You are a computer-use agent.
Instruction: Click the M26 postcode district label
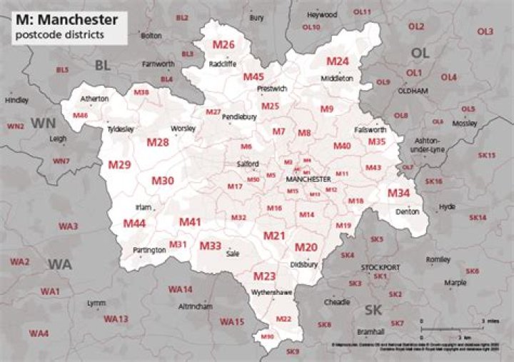(223, 45)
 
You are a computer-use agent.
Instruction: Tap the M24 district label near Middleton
(337, 61)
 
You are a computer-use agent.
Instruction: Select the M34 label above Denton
(398, 193)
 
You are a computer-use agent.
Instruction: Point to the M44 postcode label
(134, 223)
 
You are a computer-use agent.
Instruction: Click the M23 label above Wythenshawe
(265, 276)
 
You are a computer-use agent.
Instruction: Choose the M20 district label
(306, 247)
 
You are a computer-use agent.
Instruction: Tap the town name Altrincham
(197, 306)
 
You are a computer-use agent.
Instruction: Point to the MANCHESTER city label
(308, 179)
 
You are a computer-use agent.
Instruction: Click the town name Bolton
(151, 34)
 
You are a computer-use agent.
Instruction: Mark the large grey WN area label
(43, 123)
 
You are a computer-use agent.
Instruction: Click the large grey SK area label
(373, 310)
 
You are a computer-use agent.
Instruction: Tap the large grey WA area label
(60, 264)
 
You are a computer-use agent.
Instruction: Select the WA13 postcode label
(116, 318)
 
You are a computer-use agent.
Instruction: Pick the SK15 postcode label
(487, 155)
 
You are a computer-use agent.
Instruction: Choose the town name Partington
(149, 251)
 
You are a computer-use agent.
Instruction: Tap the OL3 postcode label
(485, 31)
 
